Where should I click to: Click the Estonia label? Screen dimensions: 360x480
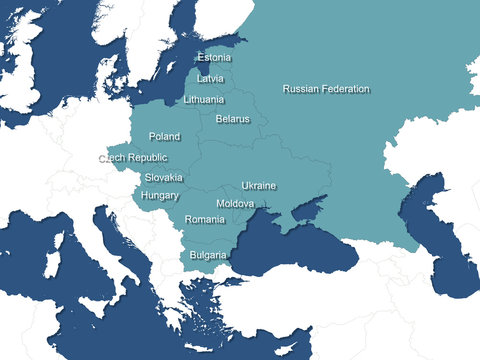coord(214,58)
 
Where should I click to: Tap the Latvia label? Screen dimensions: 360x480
coord(211,78)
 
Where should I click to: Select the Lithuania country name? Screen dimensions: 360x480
coord(204,100)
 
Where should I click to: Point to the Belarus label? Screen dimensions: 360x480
coord(232,119)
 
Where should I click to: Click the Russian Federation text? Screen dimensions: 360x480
coord(326,89)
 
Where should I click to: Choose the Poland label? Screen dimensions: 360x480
coord(164,136)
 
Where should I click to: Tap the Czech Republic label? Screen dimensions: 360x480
coord(133,158)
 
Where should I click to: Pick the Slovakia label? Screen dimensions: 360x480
coord(163,177)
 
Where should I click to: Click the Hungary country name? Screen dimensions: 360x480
coord(160,196)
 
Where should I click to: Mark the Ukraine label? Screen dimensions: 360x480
coord(259,186)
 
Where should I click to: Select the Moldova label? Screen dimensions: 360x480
coord(235,203)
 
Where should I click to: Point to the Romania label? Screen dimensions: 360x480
coord(205,219)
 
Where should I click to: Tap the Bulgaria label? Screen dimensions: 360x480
coord(208,255)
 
